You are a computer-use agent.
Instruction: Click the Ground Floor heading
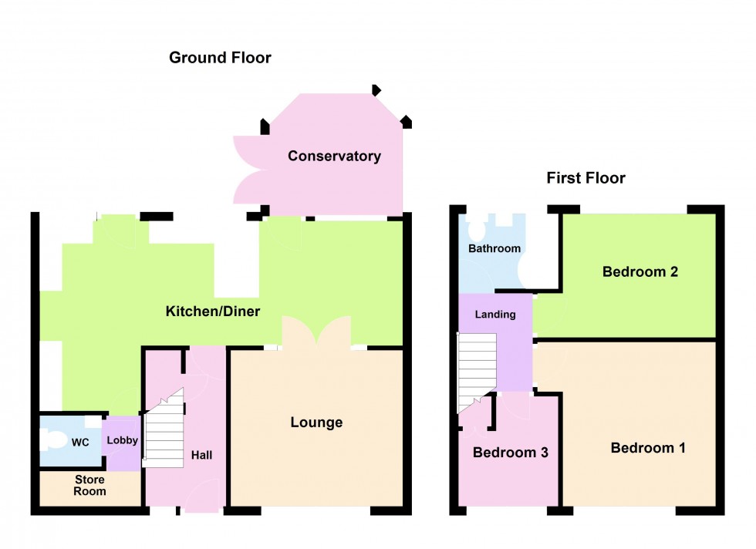[x=220, y=58]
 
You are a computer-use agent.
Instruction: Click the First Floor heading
[x=586, y=179]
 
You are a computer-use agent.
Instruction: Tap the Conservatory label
[x=334, y=157]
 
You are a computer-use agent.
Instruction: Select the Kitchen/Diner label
[x=213, y=312]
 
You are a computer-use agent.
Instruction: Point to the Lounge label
[x=316, y=423]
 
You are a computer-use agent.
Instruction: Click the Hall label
[x=201, y=456]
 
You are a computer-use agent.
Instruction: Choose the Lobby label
[x=122, y=440]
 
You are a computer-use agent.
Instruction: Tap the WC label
[x=81, y=443]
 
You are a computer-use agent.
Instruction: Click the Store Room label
[x=90, y=486]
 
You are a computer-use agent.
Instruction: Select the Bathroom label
[x=494, y=249]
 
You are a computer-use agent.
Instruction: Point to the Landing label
[x=494, y=315]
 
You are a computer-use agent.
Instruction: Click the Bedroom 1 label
[x=647, y=448]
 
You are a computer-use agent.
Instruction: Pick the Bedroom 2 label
[x=640, y=271]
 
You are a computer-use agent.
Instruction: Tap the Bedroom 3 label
[x=510, y=453]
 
